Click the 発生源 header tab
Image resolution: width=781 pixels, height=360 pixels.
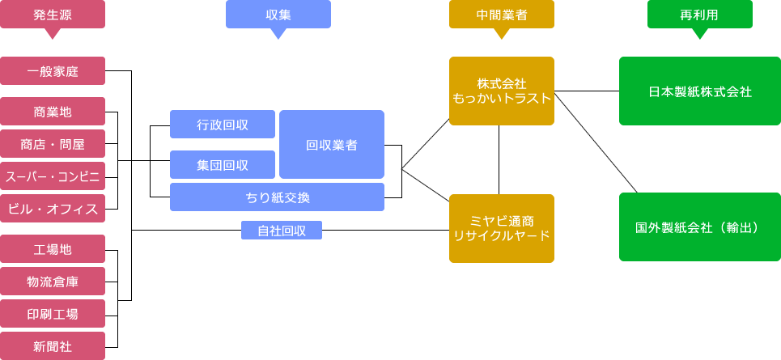[53, 15]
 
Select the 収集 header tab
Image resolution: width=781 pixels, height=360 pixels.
[278, 15]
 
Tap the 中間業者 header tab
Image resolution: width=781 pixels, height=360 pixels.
[502, 15]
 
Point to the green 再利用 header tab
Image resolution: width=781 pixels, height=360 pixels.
[700, 15]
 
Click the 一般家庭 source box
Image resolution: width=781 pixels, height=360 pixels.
[53, 70]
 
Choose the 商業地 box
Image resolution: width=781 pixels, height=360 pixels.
[53, 111]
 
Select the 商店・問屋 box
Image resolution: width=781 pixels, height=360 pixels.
[53, 145]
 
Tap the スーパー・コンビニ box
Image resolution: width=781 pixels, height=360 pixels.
[53, 176]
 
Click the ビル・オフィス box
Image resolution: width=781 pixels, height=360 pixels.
[53, 209]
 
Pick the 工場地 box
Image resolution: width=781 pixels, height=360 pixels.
[53, 248]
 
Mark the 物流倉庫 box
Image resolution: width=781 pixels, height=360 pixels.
[53, 281]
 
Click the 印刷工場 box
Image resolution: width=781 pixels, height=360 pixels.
[53, 313]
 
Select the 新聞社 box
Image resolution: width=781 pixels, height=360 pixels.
[53, 345]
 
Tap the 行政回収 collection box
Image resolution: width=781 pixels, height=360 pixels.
[223, 125]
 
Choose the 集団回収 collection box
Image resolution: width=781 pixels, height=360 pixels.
[223, 165]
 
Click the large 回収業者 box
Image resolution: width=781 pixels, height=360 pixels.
[332, 145]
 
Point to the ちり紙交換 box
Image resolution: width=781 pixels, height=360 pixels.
[277, 197]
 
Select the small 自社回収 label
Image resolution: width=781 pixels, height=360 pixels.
[282, 231]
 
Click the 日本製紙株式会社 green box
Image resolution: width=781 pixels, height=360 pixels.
[700, 91]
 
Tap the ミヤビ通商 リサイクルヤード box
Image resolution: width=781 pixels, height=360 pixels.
[502, 228]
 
